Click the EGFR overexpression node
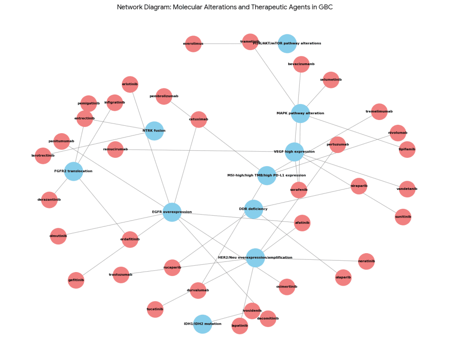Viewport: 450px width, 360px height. [172, 212]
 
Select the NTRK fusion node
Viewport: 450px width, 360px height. [154, 131]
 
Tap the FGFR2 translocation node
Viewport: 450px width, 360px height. [73, 171]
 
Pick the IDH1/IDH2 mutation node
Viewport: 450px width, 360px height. [203, 324]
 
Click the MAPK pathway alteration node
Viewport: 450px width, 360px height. [300, 113]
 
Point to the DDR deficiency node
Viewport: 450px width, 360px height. [254, 209]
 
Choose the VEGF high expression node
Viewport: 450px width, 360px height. [294, 152]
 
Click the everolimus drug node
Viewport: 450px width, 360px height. [193, 44]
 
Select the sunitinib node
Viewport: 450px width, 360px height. [403, 217]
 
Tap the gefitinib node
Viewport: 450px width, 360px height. [76, 280]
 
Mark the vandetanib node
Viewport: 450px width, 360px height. [407, 189]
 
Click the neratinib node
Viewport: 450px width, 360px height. [367, 261]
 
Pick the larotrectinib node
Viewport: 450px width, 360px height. [43, 156]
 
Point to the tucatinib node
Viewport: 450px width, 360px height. [155, 309]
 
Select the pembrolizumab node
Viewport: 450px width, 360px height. [164, 96]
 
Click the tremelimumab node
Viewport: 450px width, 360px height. [379, 112]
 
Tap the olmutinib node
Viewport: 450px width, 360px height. [58, 236]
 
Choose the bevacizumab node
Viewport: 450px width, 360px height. [301, 64]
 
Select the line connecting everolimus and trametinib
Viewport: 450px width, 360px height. [221, 44]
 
